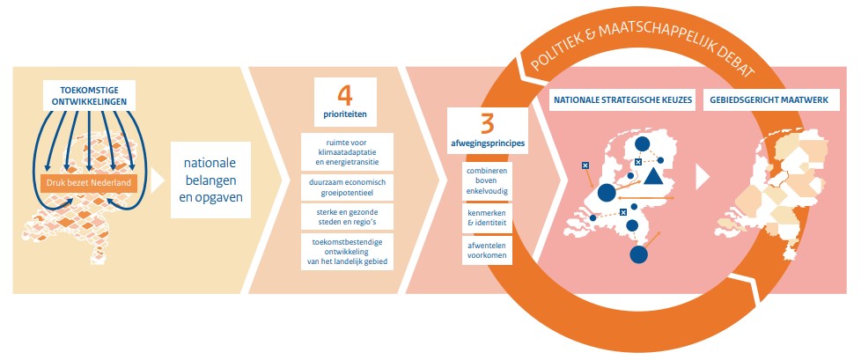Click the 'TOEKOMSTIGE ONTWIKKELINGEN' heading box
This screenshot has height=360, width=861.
coord(96,97)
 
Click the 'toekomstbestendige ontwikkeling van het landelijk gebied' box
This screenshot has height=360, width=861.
coord(346,250)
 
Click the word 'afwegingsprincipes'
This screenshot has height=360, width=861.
coord(487,144)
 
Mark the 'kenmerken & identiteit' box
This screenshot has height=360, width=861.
coord(487,217)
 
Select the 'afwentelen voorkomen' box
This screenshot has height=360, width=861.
coord(487,251)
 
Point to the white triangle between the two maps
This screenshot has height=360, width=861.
coord(702,178)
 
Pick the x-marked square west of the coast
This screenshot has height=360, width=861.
coord(585,165)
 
